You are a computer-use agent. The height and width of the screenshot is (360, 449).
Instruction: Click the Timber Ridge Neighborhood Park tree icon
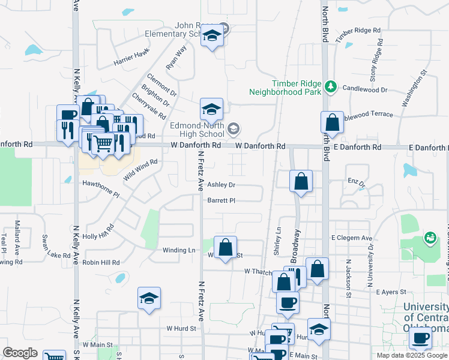point(330,88)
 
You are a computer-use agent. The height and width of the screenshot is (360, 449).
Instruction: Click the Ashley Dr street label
point(221,185)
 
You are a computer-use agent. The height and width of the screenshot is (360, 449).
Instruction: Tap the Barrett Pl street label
point(221,200)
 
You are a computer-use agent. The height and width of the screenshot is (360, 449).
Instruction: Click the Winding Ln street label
point(179,250)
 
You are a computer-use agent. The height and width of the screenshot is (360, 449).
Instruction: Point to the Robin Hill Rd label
point(101,262)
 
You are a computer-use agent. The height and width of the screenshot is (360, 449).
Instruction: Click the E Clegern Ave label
point(352,238)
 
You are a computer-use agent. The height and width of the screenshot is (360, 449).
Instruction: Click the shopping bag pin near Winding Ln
point(225,247)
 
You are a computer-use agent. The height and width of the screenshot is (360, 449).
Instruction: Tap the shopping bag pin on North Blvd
point(332,122)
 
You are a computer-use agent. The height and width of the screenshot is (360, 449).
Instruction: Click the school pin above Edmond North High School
point(211,109)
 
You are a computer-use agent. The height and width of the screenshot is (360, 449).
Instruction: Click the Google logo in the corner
point(20,353)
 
